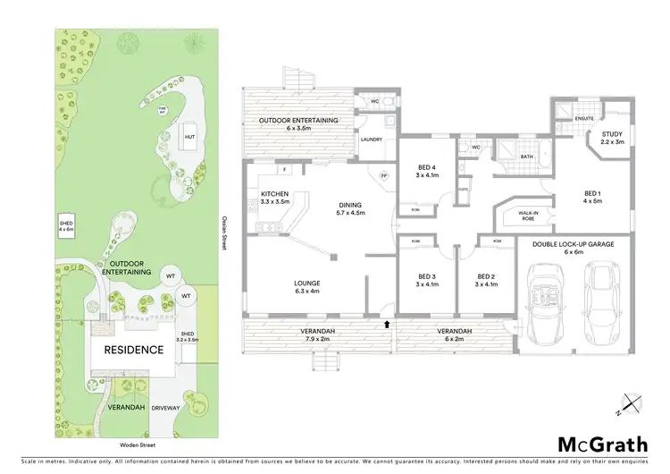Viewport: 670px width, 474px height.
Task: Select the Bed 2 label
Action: [x=485, y=281]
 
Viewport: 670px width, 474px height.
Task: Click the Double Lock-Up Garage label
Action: [x=572, y=249]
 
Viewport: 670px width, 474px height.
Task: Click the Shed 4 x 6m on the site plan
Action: [x=67, y=224]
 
